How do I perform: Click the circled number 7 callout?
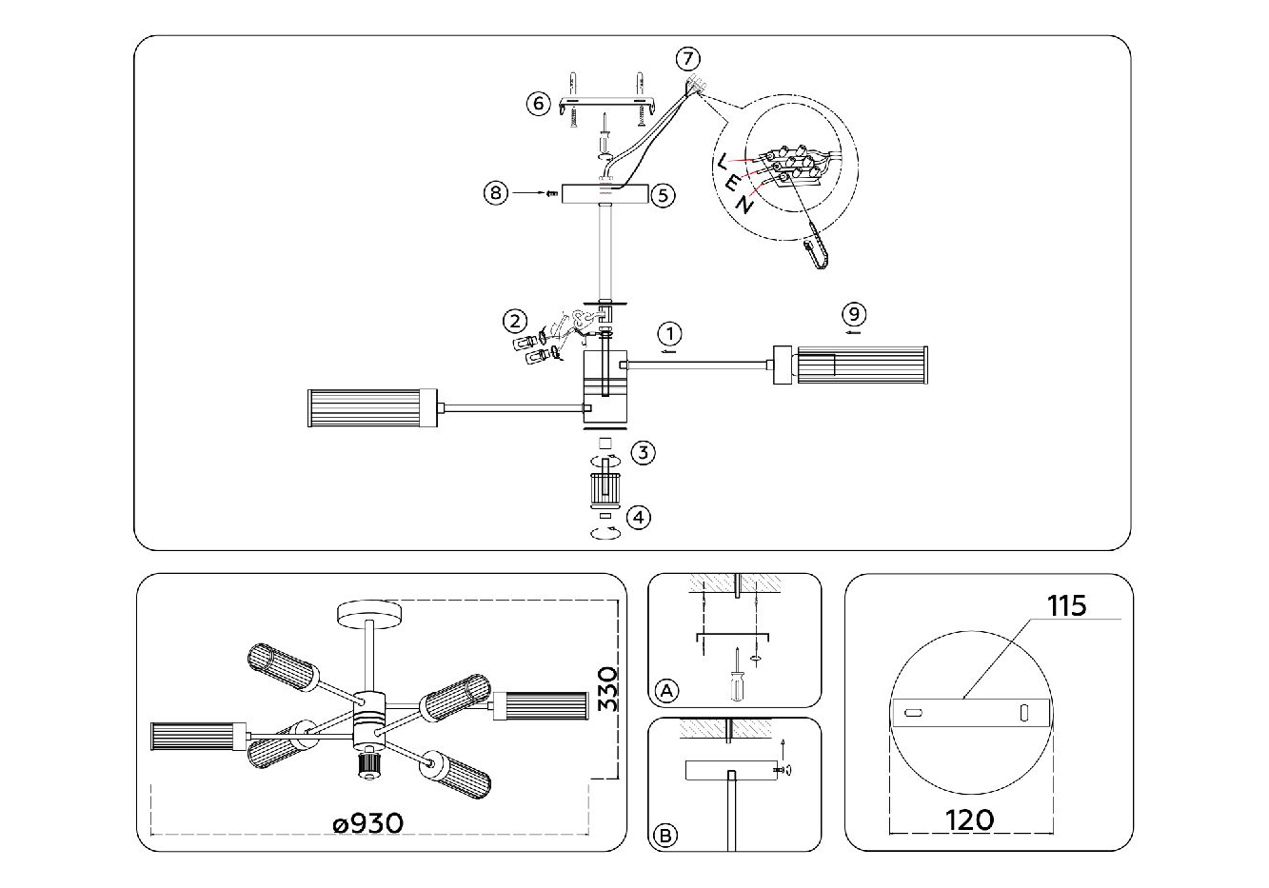(x=687, y=59)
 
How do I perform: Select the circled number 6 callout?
(x=539, y=103)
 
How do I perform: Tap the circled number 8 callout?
(x=494, y=193)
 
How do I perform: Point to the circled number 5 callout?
(x=664, y=195)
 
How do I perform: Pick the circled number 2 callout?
(x=514, y=321)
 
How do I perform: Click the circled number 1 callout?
(x=670, y=334)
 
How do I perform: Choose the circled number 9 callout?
(x=854, y=313)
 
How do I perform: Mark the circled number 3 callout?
(x=644, y=452)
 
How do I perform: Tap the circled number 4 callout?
(x=640, y=517)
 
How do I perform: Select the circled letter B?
(x=664, y=837)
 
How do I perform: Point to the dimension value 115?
(x=1066, y=606)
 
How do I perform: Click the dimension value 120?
(x=970, y=819)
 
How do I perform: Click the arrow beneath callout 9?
(x=854, y=332)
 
